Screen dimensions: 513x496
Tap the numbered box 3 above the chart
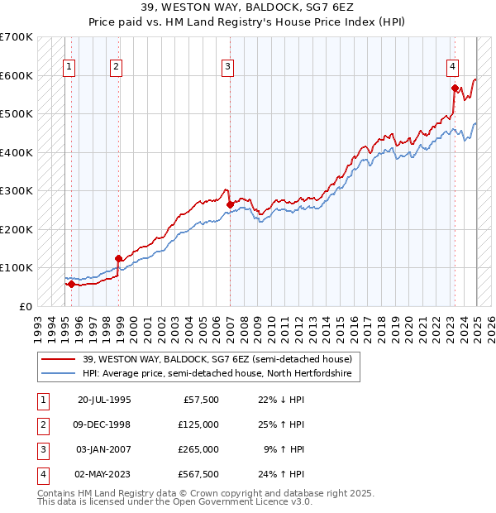pyautogui.click(x=227, y=68)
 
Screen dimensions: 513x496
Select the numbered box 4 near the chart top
pyautogui.click(x=453, y=68)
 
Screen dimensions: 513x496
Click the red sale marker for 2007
pyautogui.click(x=230, y=204)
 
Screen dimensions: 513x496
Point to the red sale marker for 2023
pyautogui.click(x=455, y=88)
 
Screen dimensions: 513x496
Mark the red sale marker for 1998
pyautogui.click(x=118, y=258)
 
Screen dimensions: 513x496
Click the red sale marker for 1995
pyautogui.click(x=71, y=284)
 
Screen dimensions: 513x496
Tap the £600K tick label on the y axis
pyautogui.click(x=16, y=75)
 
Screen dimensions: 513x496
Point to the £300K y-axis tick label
pyautogui.click(x=16, y=191)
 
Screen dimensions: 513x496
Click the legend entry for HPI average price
pyautogui.click(x=217, y=374)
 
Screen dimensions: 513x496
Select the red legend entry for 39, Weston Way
pyautogui.click(x=217, y=359)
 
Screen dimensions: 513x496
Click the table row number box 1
pyautogui.click(x=41, y=400)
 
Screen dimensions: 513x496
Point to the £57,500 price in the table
pyautogui.click(x=201, y=400)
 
